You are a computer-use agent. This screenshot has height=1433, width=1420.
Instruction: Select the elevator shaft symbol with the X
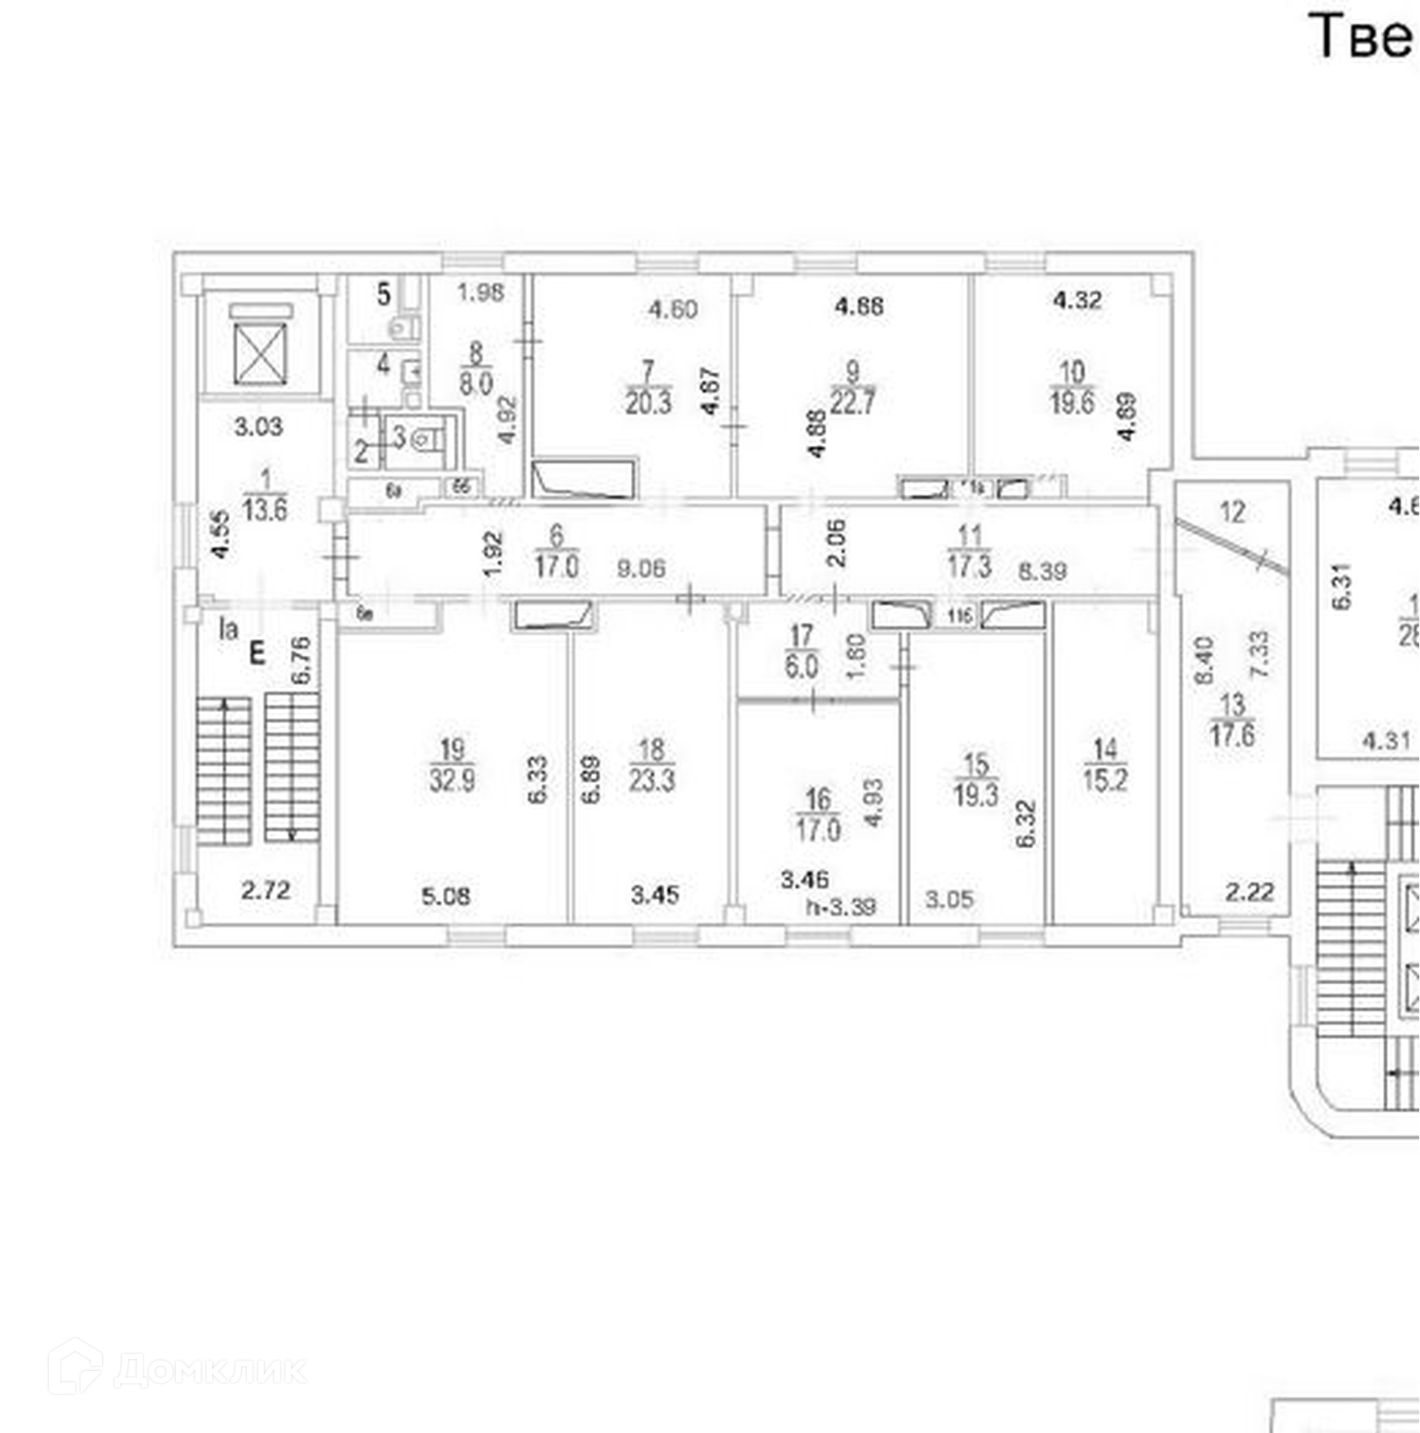pos(260,353)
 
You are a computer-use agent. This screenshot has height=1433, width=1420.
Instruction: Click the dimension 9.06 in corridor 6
pos(641,569)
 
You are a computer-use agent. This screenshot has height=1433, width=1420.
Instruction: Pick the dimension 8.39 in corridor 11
pos(1042,570)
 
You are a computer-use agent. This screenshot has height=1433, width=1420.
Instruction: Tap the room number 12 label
pos(1232,512)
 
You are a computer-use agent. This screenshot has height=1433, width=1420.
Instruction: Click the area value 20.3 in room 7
pos(648,404)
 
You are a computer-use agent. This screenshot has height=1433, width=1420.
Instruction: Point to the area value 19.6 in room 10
pos(1072,403)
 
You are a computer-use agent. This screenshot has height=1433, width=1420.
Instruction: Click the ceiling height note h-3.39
pos(842,907)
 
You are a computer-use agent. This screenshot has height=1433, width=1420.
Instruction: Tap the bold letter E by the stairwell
pos(257,654)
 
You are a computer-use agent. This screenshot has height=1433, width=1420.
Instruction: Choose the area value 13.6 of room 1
pos(265,509)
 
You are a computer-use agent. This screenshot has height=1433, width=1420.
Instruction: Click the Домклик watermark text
pos(209,1369)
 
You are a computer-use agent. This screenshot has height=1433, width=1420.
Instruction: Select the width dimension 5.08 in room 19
pos(446,896)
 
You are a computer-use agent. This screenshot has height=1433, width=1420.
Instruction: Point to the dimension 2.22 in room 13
pos(1249,892)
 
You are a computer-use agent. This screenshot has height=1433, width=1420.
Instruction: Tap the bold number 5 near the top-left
pos(383,294)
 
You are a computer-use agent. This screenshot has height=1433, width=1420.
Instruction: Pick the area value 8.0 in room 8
pos(476,384)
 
